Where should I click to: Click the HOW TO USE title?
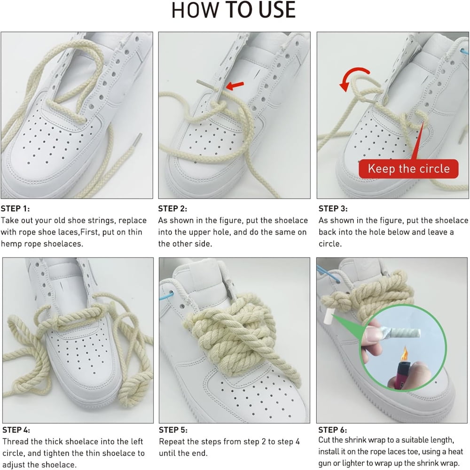tap(234, 10)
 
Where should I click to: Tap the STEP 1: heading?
tap(16, 209)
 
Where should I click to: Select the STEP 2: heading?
tap(172, 209)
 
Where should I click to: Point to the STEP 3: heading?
tap(333, 209)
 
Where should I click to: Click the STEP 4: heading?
tap(16, 430)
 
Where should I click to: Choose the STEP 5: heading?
tap(173, 430)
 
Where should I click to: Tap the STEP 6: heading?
tap(333, 430)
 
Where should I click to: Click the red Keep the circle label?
tap(408, 169)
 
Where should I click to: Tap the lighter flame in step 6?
tap(404, 354)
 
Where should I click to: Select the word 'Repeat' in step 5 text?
tap(172, 441)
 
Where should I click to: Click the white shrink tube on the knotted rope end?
tap(329, 316)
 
